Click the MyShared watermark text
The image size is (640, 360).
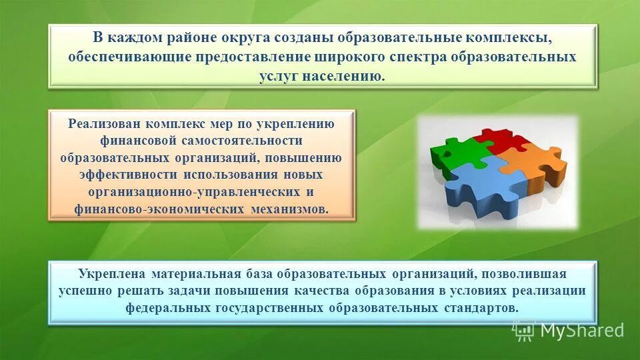pyautogui.click(x=581, y=329)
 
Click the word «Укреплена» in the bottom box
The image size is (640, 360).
pyautogui.click(x=111, y=274)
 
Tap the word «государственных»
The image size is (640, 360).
pyautogui.click(x=269, y=308)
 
